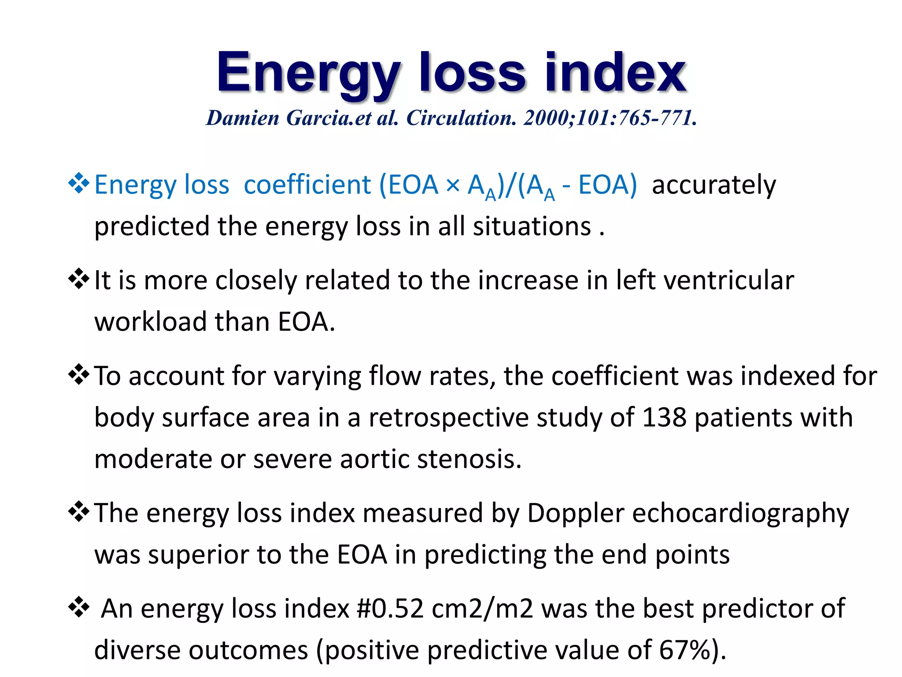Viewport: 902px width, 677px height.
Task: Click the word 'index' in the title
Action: [x=615, y=73]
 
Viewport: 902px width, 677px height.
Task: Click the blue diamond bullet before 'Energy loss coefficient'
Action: [x=78, y=183]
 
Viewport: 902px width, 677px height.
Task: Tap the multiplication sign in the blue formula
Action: [x=452, y=185]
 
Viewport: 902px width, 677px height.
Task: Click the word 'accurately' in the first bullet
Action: [x=713, y=185]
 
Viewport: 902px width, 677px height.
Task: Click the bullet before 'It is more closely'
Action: [x=78, y=279]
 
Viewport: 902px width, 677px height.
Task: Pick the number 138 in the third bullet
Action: [x=664, y=417]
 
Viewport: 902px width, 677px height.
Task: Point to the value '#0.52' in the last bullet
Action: [x=389, y=609]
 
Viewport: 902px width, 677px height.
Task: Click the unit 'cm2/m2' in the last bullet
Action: [x=482, y=609]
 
